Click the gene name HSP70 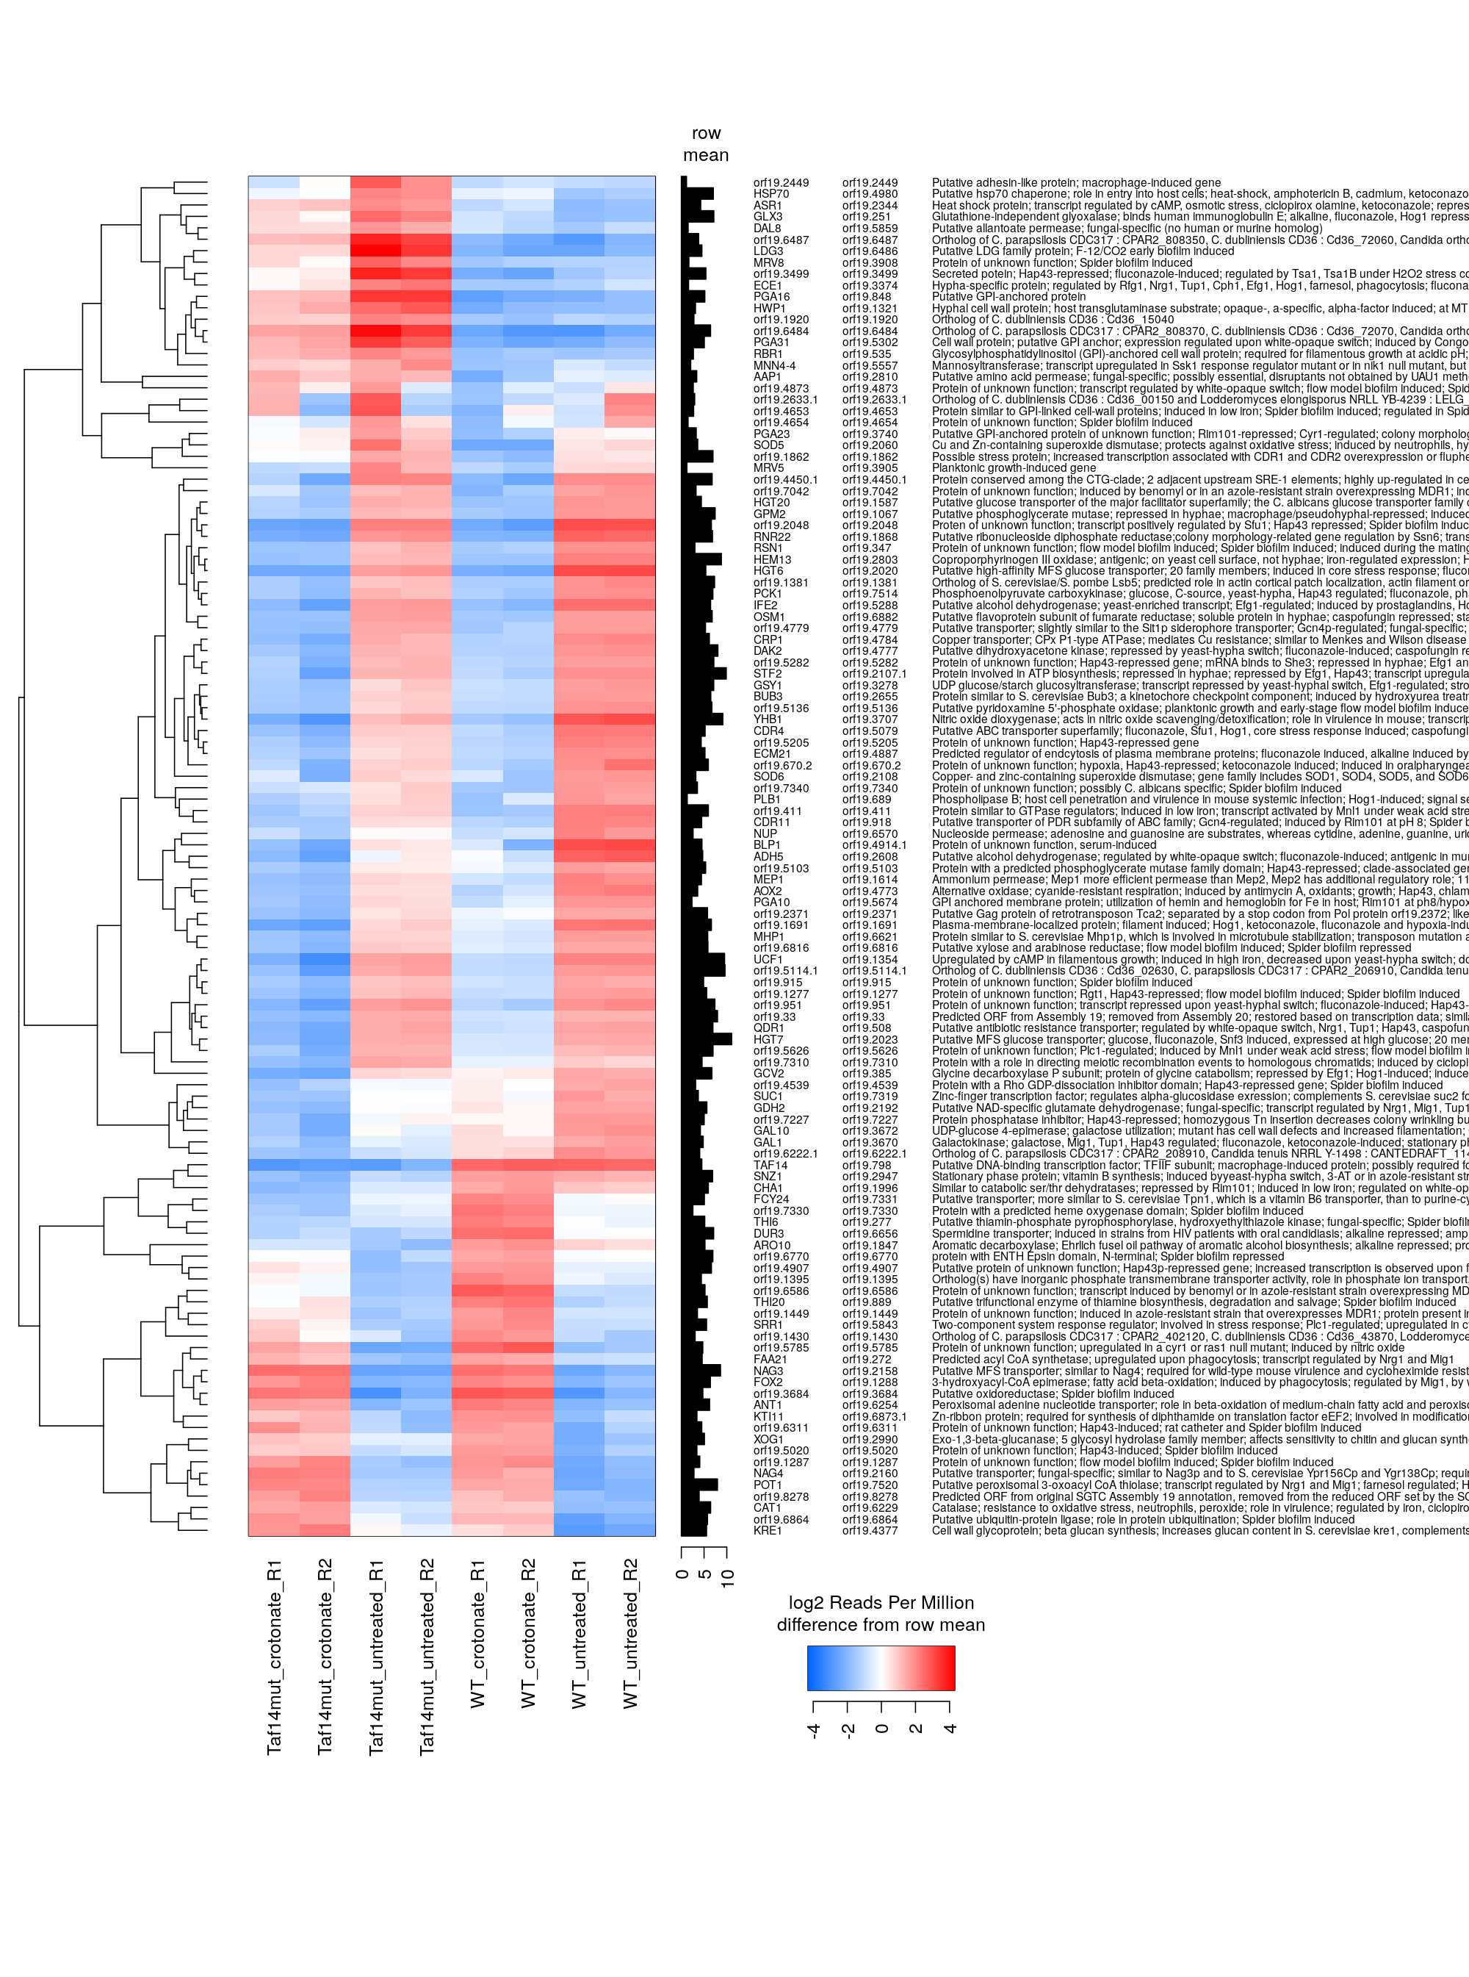771,194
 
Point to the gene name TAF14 770,1166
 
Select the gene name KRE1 768,1531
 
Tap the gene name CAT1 768,1508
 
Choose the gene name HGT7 768,1040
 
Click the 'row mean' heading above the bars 706,144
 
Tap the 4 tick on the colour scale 950,1729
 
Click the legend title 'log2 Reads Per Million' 881,1602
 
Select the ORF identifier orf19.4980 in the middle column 870,194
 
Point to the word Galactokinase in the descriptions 967,1142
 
